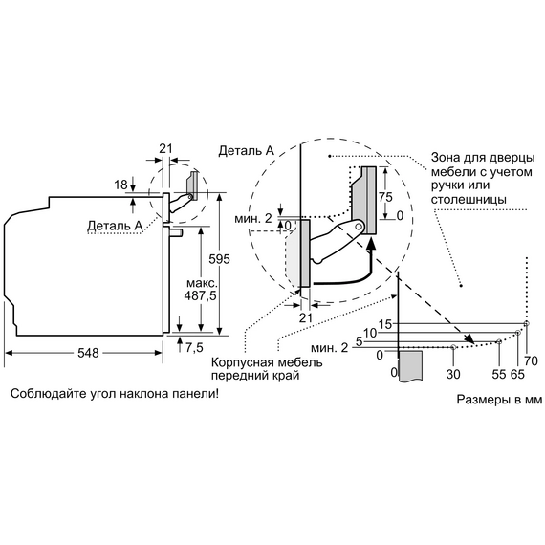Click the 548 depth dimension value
click(x=88, y=353)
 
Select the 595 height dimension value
click(x=219, y=259)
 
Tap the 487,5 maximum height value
click(x=200, y=295)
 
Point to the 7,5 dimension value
click(x=194, y=347)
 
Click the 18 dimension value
click(x=121, y=185)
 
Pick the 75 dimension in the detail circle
click(x=385, y=197)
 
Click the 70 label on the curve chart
click(x=531, y=361)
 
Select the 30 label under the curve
click(x=453, y=374)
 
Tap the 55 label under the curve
click(x=499, y=374)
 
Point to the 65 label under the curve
click(x=517, y=374)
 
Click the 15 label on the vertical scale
click(x=385, y=324)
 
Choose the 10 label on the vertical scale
click(x=371, y=333)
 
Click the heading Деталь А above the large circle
click(x=247, y=150)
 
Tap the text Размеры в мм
click(x=499, y=400)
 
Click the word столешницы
click(x=469, y=200)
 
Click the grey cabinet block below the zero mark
click(x=411, y=366)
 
